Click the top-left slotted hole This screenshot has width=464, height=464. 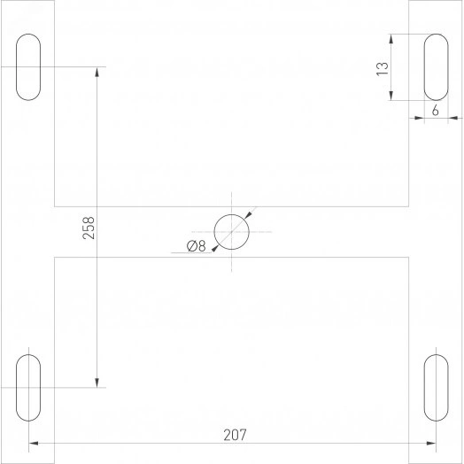[x=29, y=67]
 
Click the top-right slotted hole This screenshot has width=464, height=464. [x=436, y=67]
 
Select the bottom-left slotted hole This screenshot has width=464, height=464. [x=29, y=387]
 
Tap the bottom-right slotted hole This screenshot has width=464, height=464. [x=436, y=387]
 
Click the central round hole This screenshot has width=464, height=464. [x=232, y=232]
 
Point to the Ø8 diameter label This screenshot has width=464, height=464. [x=196, y=247]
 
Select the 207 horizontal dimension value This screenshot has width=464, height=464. [x=234, y=435]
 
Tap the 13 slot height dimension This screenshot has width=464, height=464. [x=382, y=67]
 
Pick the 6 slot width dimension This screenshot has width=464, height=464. [x=436, y=111]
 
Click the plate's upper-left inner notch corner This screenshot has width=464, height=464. [x=55, y=205]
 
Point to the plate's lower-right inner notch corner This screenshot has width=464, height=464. [x=408, y=258]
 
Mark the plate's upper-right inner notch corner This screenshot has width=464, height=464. [x=408, y=205]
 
